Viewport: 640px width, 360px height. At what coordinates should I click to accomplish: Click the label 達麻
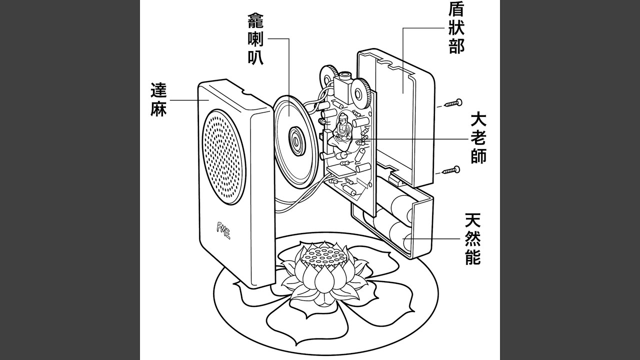tap(158, 100)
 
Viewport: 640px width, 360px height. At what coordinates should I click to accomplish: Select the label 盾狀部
tap(456, 27)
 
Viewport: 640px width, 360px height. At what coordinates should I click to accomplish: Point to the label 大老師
tap(478, 138)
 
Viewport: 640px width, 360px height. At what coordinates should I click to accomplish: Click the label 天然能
tap(472, 239)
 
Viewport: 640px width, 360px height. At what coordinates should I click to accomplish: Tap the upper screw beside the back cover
tap(453, 104)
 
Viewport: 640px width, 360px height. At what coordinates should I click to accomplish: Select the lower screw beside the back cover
tap(451, 170)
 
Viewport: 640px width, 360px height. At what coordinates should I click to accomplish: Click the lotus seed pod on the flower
tap(321, 255)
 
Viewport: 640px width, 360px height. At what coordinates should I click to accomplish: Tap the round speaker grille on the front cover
tap(223, 155)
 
